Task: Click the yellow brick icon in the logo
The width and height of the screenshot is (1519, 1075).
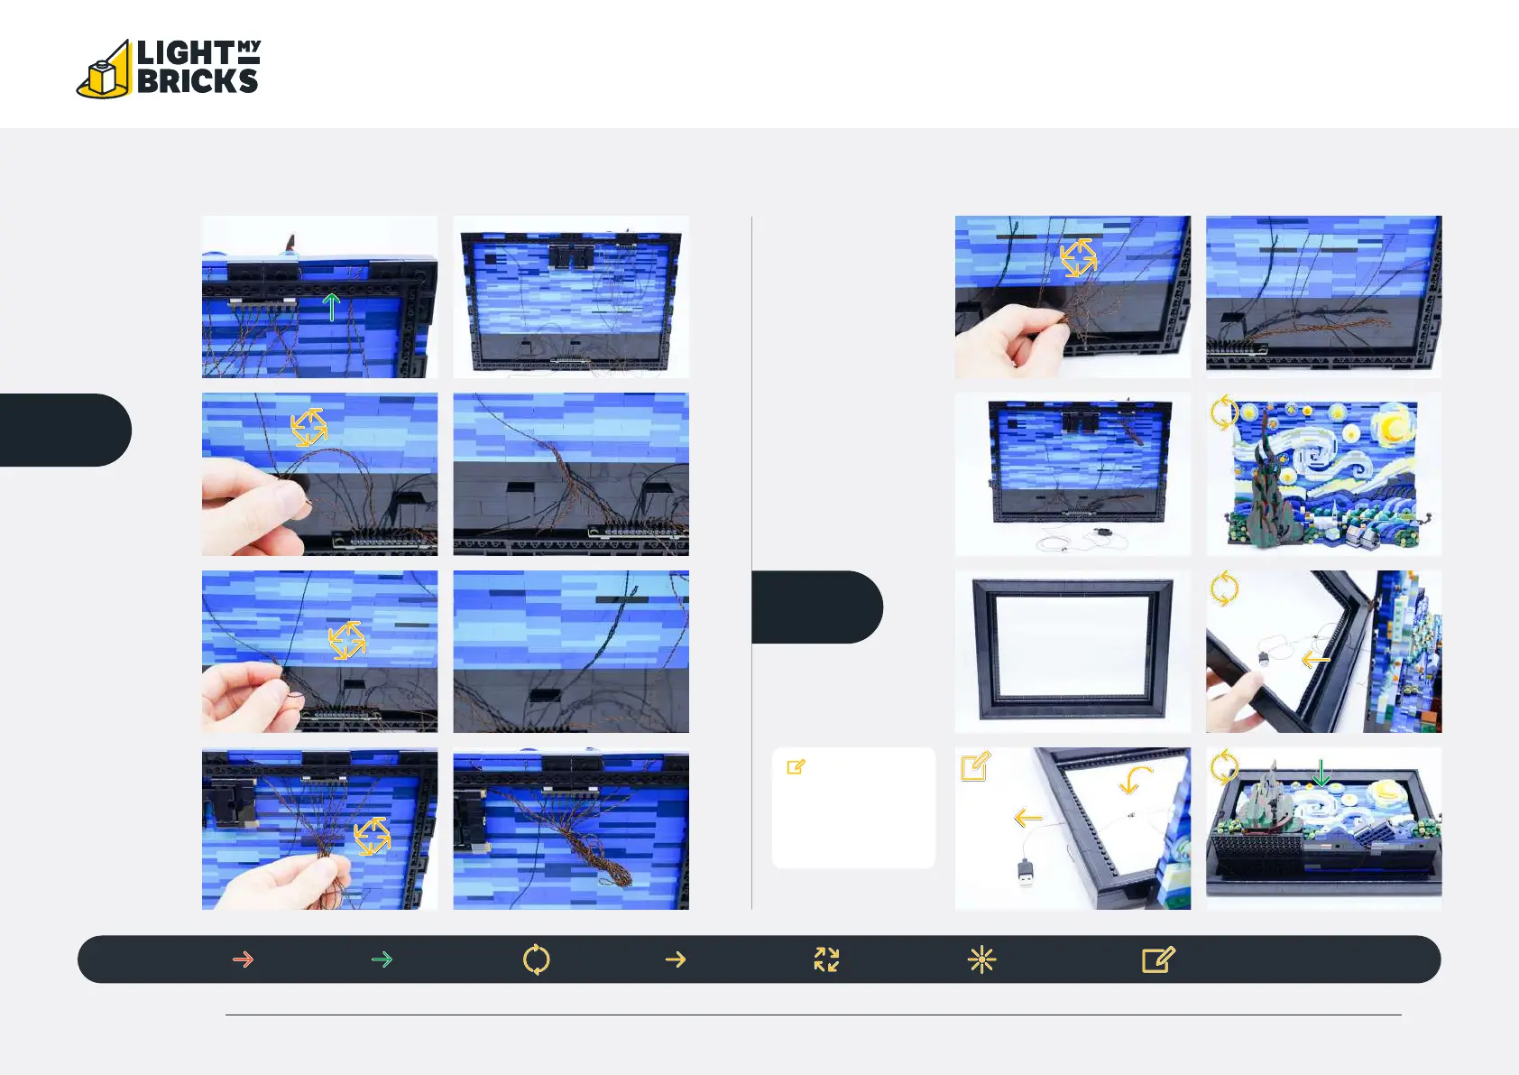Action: pos(104,72)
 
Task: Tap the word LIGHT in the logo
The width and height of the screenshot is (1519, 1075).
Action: pos(185,53)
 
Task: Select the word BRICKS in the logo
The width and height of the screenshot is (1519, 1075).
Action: pos(198,80)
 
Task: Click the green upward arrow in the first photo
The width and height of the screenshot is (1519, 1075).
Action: pos(331,307)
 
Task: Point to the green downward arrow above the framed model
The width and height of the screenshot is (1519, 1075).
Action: pos(1321,773)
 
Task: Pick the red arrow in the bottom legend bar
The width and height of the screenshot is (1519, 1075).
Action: pos(243,959)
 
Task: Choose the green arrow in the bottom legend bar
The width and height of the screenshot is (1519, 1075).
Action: pos(382,959)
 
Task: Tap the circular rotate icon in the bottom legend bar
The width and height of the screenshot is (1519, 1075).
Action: pos(537,959)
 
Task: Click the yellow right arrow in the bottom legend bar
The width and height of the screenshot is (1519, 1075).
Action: pos(677,959)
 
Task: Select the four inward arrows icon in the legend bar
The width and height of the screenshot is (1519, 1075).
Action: pos(826,959)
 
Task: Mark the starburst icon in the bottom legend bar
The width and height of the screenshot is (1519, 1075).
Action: pos(982,959)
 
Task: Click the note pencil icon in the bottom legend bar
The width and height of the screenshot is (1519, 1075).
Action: pos(1158,959)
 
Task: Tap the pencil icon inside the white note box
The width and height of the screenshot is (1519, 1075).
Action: pos(796,767)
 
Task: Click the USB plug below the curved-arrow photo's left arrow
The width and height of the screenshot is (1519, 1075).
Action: pos(1026,873)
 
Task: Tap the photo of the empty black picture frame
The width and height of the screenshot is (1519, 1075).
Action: pos(1073,651)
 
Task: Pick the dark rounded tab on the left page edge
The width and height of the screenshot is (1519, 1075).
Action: pos(65,430)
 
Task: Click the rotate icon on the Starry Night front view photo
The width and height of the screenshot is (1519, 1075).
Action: pos(1224,412)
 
